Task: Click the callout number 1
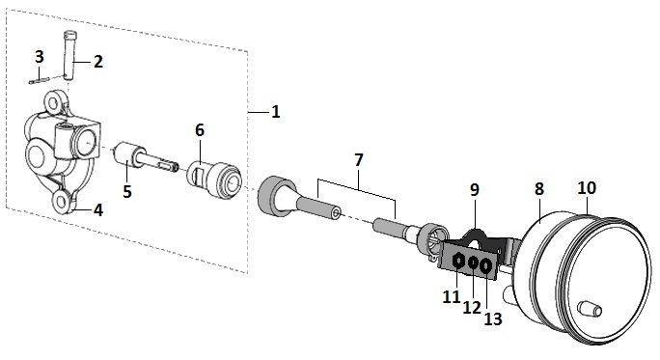tap(276, 112)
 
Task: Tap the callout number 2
tap(97, 62)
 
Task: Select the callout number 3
tap(40, 56)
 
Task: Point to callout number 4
tap(98, 209)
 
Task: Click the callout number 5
tap(127, 191)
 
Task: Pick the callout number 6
tap(200, 130)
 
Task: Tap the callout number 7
tap(358, 160)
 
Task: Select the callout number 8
tap(539, 189)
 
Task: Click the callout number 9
tap(475, 190)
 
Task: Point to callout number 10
tap(587, 188)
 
